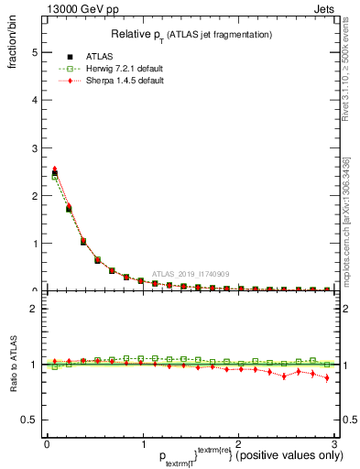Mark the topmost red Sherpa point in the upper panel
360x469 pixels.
click(x=54, y=169)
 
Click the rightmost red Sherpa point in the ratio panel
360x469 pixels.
click(x=327, y=377)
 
